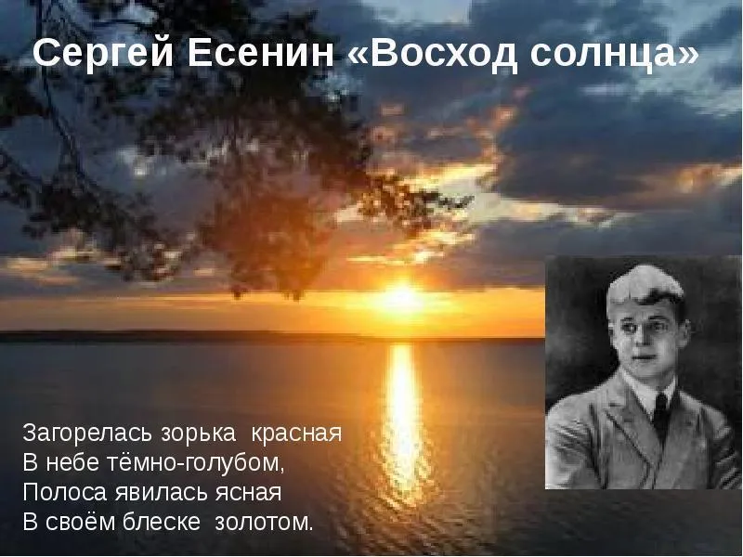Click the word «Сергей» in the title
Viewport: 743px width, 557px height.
click(103, 53)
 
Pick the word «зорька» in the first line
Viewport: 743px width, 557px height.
click(198, 433)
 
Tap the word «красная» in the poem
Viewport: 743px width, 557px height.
click(296, 434)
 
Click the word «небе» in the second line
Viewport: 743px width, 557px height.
click(68, 462)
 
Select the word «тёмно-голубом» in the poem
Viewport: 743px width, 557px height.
click(189, 462)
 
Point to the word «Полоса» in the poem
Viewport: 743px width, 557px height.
click(65, 492)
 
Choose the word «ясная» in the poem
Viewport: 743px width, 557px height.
click(249, 493)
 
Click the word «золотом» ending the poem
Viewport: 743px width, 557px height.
click(262, 523)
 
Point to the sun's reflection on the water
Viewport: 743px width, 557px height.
click(402, 417)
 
